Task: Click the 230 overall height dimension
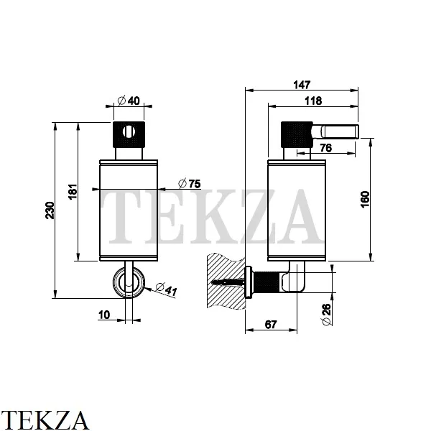[50, 210]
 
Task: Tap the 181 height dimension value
[73, 192]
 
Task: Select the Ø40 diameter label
[129, 101]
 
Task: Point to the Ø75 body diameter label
[190, 183]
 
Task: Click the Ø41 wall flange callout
[166, 289]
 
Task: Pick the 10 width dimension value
[104, 315]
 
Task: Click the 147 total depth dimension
[302, 85]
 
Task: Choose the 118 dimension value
[313, 101]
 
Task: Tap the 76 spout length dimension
[326, 148]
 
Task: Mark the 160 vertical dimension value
[365, 199]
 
